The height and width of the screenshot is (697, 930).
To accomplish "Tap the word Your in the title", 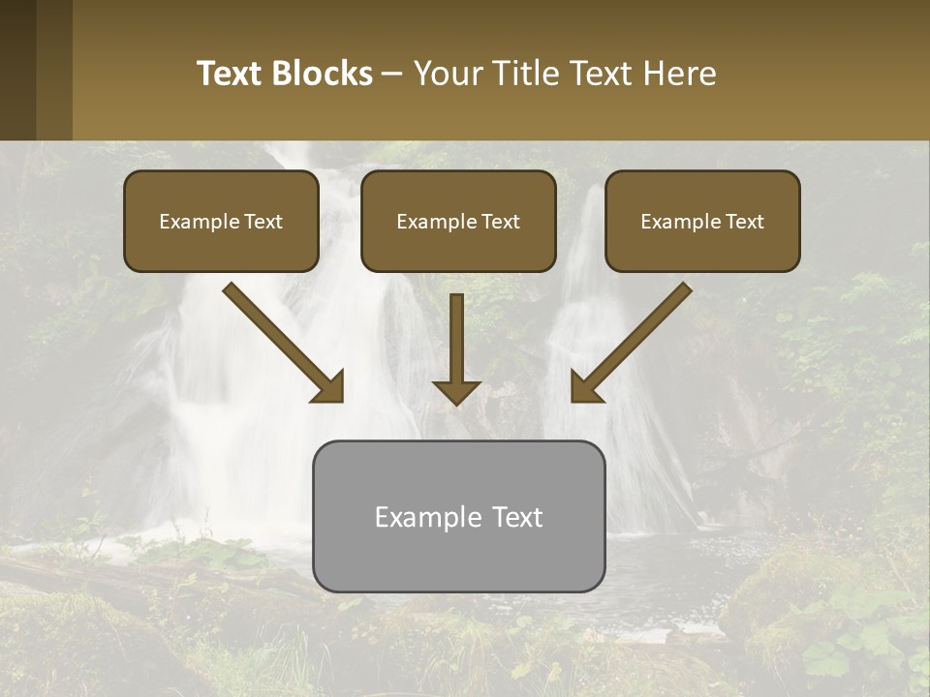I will coord(446,74).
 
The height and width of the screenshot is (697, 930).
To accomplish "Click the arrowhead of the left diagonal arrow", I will coord(329,387).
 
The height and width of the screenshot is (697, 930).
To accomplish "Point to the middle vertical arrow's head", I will coord(456,391).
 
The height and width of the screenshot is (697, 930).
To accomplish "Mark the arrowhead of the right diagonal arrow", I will coord(585,387).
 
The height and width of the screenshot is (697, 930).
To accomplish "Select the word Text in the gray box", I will coord(517,517).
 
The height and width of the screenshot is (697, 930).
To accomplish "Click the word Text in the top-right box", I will coord(744,222).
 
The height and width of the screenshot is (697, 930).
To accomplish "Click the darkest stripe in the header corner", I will coord(17,70).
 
